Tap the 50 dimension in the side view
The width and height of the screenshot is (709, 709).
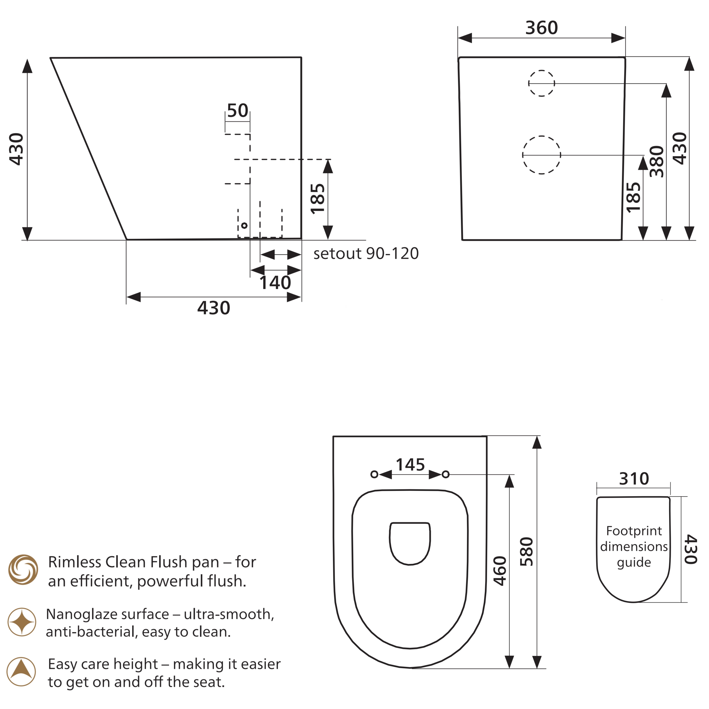click(x=238, y=110)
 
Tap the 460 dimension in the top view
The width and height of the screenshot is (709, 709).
click(x=500, y=571)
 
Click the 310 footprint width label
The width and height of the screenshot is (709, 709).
click(x=634, y=479)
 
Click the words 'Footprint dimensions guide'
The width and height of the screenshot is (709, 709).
click(x=634, y=546)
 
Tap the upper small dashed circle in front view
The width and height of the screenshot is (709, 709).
click(x=541, y=83)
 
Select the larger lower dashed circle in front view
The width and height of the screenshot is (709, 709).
click(x=541, y=155)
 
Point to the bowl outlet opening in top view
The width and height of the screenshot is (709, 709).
click(x=410, y=543)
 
